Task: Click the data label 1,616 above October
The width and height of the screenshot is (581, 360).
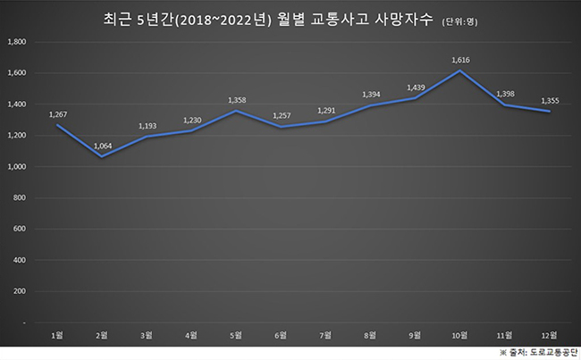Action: (x=461, y=60)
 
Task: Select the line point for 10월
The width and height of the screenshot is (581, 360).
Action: (x=459, y=71)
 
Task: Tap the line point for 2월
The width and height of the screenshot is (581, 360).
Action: (x=102, y=157)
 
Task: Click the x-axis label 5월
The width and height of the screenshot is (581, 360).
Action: (x=236, y=334)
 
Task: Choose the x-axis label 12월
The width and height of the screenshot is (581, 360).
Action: (x=550, y=334)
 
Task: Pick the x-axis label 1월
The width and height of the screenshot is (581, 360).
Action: (x=58, y=334)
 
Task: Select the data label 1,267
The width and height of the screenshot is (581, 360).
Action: (x=59, y=113)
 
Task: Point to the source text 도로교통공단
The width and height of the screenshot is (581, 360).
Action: (x=547, y=351)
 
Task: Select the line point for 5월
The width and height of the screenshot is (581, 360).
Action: (x=236, y=112)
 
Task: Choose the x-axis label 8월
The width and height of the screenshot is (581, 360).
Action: (x=370, y=334)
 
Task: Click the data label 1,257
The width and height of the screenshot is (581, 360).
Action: (x=282, y=115)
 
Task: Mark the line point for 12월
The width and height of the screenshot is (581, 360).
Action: (x=549, y=112)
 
